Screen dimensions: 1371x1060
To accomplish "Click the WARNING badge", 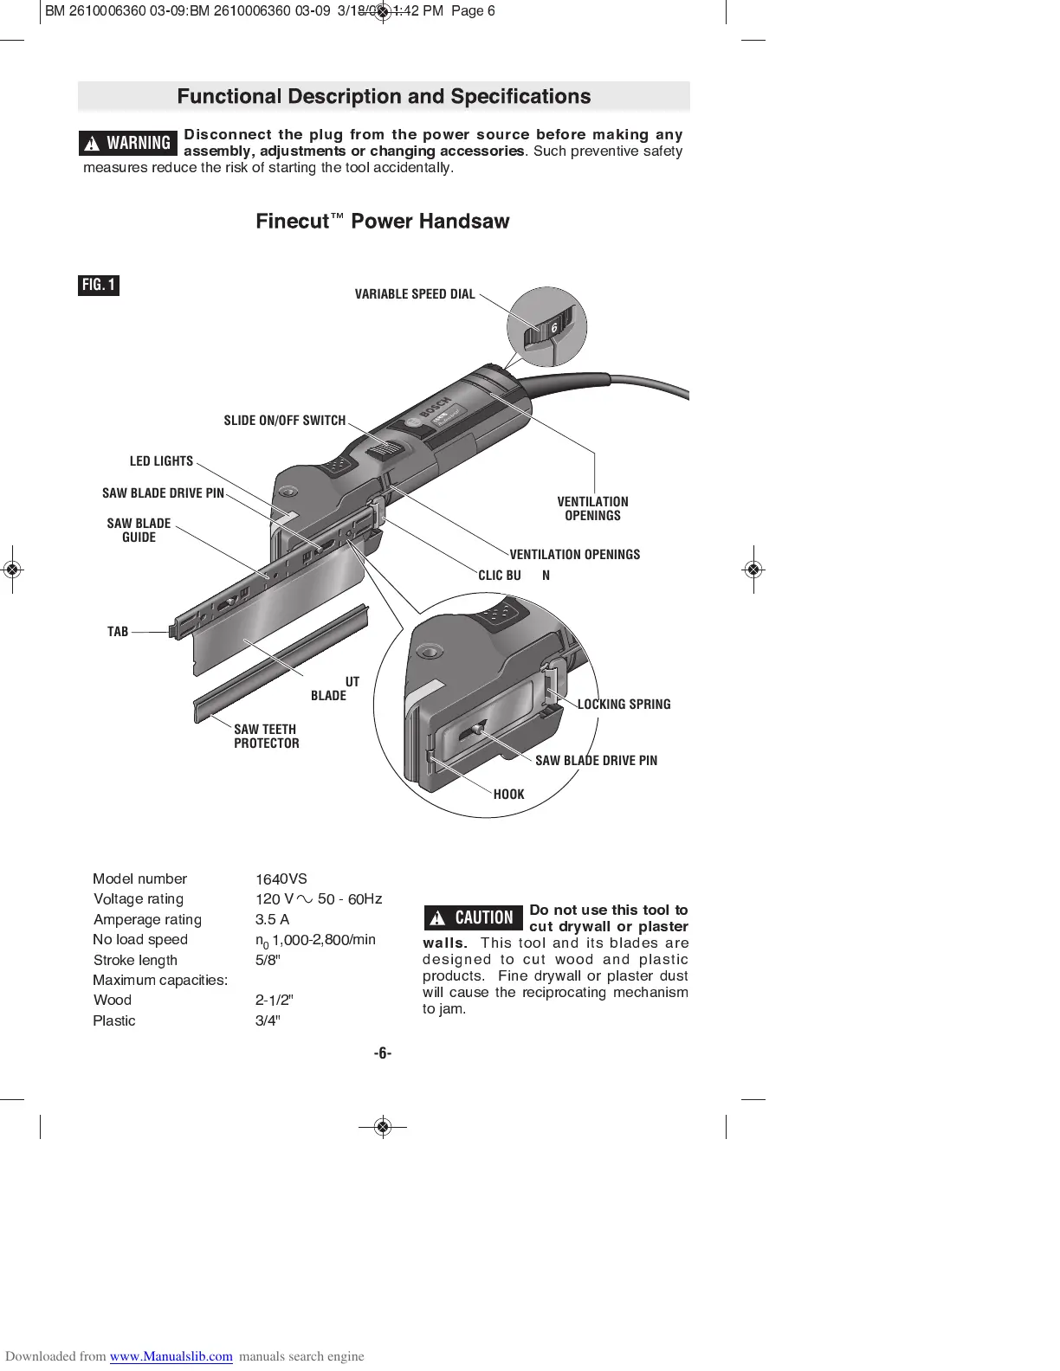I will (x=128, y=143).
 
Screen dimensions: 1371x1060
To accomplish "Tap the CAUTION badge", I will (x=474, y=917).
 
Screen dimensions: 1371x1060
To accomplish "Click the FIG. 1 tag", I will (x=99, y=285).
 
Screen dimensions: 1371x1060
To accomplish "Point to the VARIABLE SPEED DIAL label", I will (x=415, y=294).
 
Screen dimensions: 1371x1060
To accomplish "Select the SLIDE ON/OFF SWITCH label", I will (x=284, y=421).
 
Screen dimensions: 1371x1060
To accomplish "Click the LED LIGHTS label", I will (x=161, y=461).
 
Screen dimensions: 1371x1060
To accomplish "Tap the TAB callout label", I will (x=118, y=632).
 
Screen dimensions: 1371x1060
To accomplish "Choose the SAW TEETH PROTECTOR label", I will (x=266, y=737).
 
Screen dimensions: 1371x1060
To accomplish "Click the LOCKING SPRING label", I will (x=624, y=705).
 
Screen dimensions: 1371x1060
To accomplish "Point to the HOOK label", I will (x=508, y=795).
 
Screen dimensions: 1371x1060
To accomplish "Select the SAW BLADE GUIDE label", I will (x=139, y=531).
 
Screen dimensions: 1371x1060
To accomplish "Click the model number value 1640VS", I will (x=281, y=879).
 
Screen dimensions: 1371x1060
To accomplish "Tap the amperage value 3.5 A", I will (x=272, y=919).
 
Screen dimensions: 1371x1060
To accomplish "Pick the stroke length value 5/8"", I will (x=268, y=960).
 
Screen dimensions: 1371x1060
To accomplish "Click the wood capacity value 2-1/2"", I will (x=274, y=1001).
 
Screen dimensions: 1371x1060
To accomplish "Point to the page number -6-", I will (x=383, y=1053).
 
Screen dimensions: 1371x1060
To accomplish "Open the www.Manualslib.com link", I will (x=171, y=1356).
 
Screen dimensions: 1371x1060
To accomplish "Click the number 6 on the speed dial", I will (x=554, y=329).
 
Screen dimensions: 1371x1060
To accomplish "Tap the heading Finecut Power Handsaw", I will (x=382, y=222).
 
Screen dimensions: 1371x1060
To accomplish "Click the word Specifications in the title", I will (x=520, y=97).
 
